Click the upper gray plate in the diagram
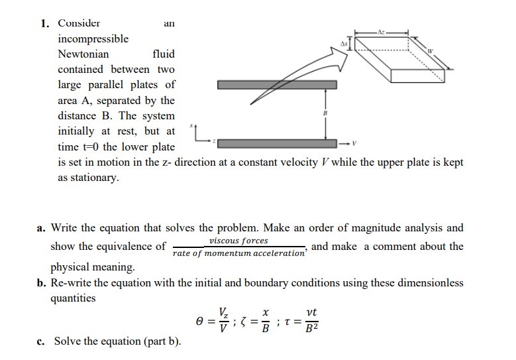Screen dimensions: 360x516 click(x=277, y=85)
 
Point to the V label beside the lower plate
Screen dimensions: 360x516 click(x=354, y=143)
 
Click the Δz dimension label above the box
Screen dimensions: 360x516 click(x=381, y=32)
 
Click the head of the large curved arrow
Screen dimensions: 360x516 click(x=342, y=54)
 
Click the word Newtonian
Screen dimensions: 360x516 click(x=83, y=54)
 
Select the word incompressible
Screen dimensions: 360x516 click(x=93, y=38)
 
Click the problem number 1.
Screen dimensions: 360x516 click(x=44, y=23)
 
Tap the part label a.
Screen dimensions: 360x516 click(x=41, y=228)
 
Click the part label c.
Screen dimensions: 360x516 click(x=41, y=341)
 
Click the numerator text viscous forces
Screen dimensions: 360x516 click(x=238, y=241)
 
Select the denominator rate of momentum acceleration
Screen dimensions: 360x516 click(x=238, y=253)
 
